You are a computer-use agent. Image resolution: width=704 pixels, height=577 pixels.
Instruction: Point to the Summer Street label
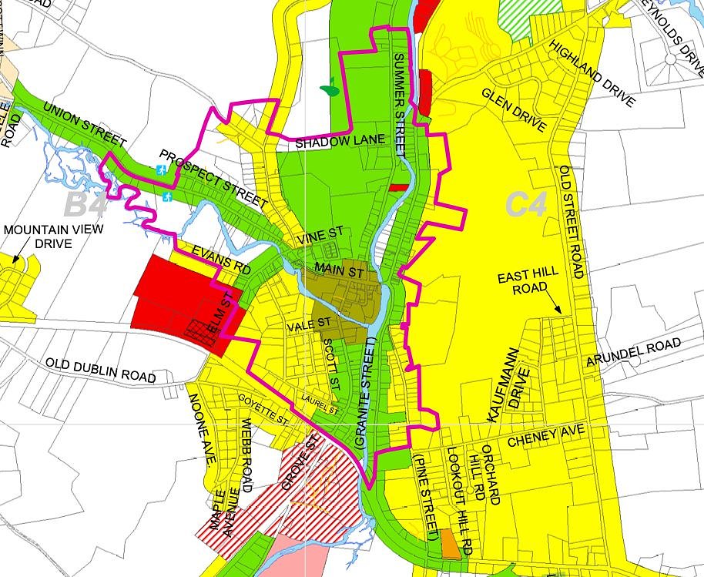click(398, 106)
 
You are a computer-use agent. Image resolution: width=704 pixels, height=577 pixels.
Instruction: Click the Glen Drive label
click(513, 109)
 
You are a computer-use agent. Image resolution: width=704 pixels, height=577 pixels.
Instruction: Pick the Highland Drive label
click(592, 73)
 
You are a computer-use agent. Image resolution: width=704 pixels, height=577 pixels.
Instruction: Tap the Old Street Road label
click(573, 222)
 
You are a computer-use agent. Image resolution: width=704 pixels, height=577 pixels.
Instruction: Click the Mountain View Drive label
click(44, 237)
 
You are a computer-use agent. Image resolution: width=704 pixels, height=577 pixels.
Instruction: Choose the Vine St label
click(322, 235)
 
